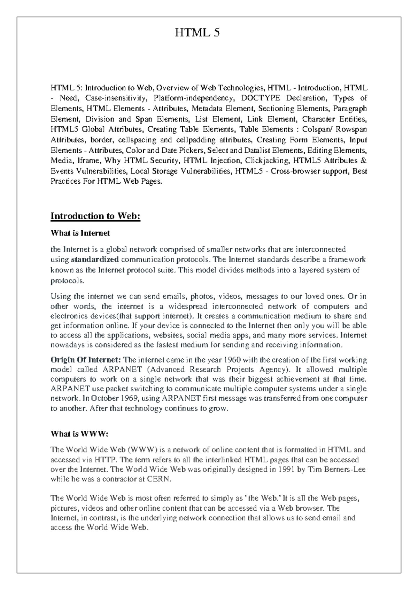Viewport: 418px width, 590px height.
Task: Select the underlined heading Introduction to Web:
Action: coord(95,216)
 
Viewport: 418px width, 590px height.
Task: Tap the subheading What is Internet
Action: coord(80,233)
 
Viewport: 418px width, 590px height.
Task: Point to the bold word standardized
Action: coord(95,259)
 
